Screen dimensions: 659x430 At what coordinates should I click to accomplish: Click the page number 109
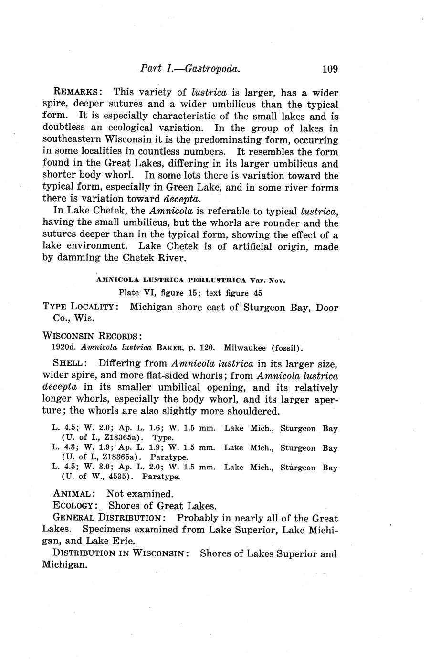pyautogui.click(x=330, y=69)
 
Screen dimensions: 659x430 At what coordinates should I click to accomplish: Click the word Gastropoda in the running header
pyautogui.click(x=211, y=69)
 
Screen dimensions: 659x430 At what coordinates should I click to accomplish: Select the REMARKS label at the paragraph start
pyautogui.click(x=77, y=92)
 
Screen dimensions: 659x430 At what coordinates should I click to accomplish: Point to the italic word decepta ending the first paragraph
pyautogui.click(x=183, y=199)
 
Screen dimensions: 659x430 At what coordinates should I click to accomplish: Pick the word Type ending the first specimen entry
pyautogui.click(x=163, y=437)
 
